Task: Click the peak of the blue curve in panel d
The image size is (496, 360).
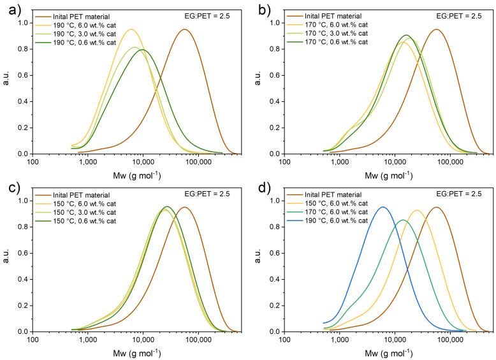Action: [383, 207]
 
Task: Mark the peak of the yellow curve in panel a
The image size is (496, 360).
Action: [131, 29]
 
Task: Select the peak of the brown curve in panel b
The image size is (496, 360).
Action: [437, 29]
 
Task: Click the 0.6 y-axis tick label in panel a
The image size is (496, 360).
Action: [25, 75]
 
